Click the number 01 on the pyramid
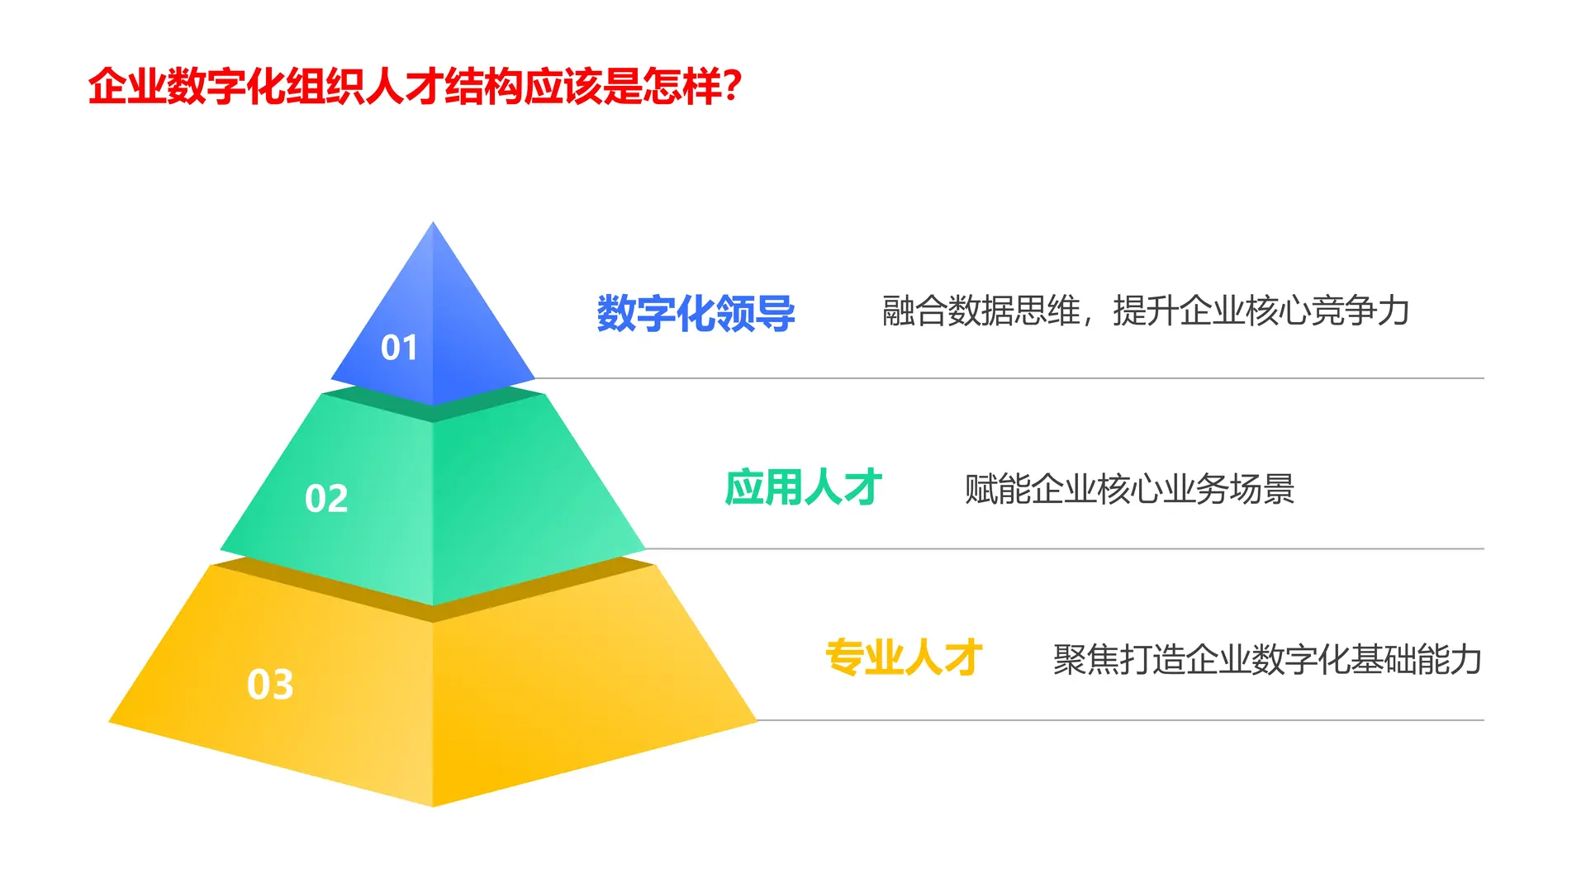[399, 348]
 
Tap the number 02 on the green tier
[326, 499]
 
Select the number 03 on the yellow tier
[270, 685]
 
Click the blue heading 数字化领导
[696, 314]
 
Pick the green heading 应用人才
[803, 487]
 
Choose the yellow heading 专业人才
[904, 658]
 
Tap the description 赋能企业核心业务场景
[1129, 489]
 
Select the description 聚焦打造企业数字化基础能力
[1267, 660]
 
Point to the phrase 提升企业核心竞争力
[1261, 311]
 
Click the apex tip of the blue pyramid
[433, 224]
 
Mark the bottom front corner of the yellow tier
[433, 804]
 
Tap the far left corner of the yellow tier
[111, 723]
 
